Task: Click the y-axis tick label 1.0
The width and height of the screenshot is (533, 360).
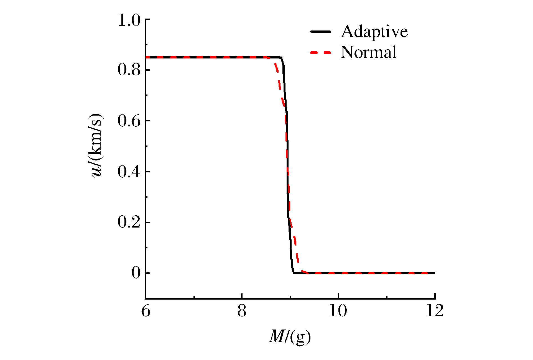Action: (x=129, y=20)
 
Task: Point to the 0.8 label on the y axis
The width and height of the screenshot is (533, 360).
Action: (x=129, y=70)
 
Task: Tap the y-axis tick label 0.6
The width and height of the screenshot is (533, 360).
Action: (x=129, y=121)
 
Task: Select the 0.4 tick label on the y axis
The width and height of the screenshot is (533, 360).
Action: (x=129, y=172)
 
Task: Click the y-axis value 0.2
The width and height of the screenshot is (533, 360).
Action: (x=129, y=223)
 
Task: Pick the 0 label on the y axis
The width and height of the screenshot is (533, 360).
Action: (x=136, y=273)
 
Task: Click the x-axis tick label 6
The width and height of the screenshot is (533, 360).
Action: (x=146, y=311)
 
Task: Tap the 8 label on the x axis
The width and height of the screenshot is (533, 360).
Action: (x=242, y=311)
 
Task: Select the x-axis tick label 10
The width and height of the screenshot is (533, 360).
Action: (x=338, y=311)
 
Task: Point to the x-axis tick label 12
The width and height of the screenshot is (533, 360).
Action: (x=434, y=311)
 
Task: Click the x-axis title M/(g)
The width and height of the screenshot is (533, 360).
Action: (x=290, y=337)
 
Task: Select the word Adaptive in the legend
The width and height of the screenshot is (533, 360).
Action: (x=374, y=31)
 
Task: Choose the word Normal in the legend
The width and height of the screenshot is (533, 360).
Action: (x=369, y=52)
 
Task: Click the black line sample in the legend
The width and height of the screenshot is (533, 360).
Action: (x=320, y=32)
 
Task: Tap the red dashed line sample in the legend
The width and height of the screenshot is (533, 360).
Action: (x=320, y=52)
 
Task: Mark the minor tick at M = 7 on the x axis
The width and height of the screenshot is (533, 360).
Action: (x=194, y=297)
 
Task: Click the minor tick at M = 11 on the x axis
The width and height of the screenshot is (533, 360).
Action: (x=386, y=297)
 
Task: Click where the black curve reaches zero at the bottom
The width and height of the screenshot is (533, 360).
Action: (x=294, y=273)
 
